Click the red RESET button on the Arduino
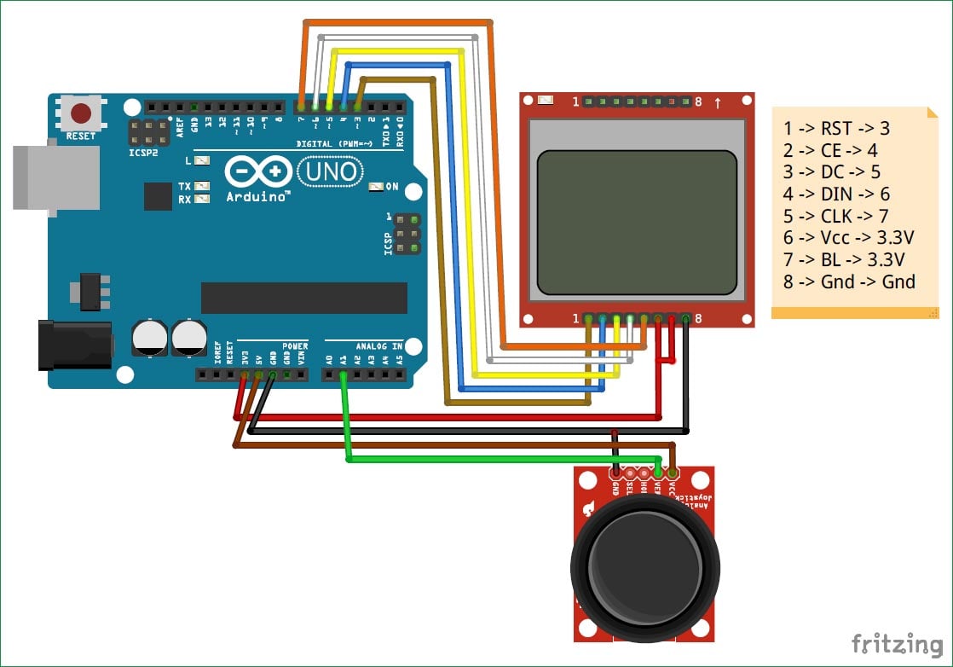point(82,113)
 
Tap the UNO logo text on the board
point(332,172)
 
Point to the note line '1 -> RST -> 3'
point(836,128)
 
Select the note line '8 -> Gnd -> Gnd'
point(849,281)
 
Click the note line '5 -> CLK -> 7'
point(836,216)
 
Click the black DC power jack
point(75,345)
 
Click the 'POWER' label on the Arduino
point(295,346)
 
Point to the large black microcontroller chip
point(303,298)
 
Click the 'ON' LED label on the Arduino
point(392,186)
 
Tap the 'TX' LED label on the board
point(184,185)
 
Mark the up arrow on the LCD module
point(718,103)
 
